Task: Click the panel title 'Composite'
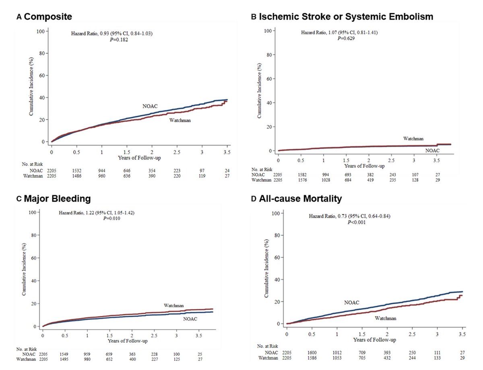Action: point(49,17)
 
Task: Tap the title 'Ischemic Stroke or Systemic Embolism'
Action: point(346,17)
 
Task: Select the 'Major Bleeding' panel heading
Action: point(57,199)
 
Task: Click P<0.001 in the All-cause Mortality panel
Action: point(357,222)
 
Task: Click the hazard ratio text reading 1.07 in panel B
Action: point(340,32)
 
